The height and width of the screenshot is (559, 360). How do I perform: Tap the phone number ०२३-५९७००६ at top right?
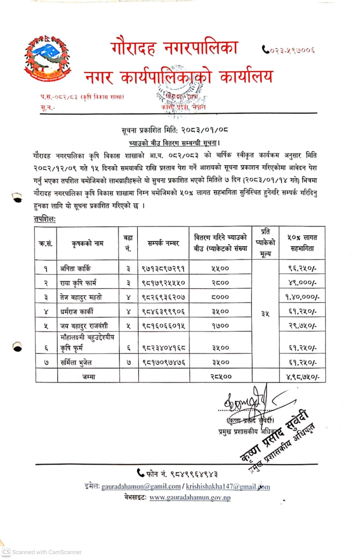289,50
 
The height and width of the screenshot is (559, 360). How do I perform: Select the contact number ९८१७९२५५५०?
163,283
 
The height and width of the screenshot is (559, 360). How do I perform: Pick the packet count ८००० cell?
220,297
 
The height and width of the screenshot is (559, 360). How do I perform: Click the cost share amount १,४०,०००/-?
302,297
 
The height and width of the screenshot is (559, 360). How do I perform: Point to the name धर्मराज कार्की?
77,311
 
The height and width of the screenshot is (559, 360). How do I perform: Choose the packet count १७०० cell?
220,326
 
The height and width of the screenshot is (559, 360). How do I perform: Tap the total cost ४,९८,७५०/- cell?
302,377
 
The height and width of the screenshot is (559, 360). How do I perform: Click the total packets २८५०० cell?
221,377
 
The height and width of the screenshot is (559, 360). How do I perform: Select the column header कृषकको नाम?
87,243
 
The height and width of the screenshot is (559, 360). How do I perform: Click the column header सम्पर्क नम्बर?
163,243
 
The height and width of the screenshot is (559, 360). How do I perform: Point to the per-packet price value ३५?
265,314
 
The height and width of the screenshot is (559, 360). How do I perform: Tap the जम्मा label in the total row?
89,377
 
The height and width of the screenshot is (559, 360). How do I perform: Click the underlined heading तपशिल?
44,219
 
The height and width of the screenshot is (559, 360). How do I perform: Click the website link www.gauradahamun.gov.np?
190,497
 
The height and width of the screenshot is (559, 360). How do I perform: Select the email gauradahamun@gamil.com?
141,486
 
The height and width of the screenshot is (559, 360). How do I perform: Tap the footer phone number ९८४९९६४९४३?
194,474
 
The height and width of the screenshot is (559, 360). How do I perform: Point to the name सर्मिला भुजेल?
76,362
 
